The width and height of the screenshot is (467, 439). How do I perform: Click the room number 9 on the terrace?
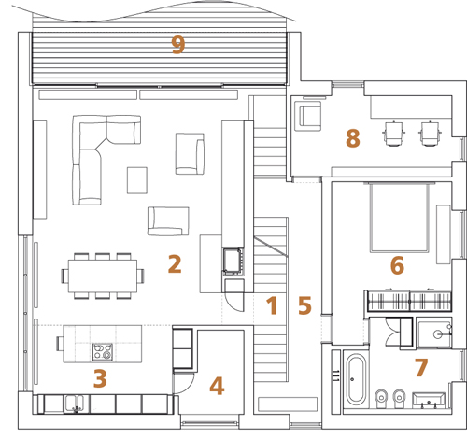tap(178, 45)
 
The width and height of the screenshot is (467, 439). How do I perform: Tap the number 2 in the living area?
tap(175, 264)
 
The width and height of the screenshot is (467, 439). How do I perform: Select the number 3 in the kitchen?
tap(100, 378)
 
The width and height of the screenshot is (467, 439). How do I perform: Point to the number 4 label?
tap(217, 386)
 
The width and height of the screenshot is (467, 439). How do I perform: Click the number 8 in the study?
tap(353, 138)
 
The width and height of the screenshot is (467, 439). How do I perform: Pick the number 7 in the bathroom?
tap(421, 367)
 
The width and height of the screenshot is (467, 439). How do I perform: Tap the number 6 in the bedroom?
tap(397, 265)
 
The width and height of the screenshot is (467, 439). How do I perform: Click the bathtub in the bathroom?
tap(355, 379)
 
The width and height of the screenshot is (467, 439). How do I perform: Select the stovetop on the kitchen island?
tap(103, 352)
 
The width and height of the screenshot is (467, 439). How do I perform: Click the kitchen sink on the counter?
tap(75, 404)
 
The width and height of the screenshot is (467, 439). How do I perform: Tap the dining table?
tap(103, 276)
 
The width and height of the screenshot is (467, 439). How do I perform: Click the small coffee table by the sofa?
tap(137, 180)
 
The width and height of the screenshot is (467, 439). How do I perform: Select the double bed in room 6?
tap(399, 217)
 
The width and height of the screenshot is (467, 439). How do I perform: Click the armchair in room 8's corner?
tap(309, 116)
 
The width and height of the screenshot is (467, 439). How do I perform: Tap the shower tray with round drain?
tap(434, 333)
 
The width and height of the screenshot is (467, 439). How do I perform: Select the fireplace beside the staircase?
tap(233, 262)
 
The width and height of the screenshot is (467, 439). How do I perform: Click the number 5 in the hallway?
tap(304, 305)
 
